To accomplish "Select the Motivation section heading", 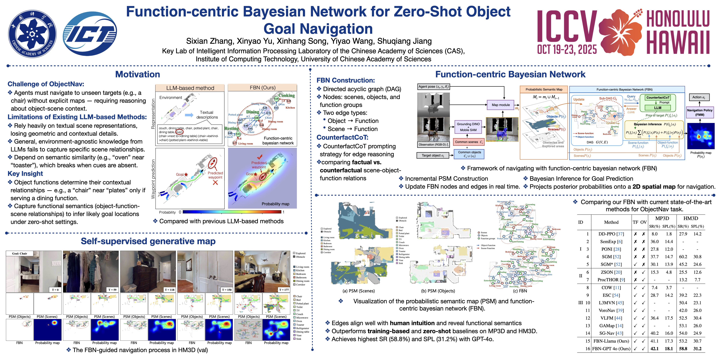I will tap(138, 74).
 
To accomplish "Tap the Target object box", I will tap(433, 155).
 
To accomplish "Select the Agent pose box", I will tap(433, 87).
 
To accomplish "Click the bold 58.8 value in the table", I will tap(683, 348).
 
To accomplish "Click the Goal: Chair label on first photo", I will tap(20, 253).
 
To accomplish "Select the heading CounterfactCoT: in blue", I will tap(342, 137).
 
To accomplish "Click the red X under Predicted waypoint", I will tap(215, 182).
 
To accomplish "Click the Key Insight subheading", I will tap(25, 174).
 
